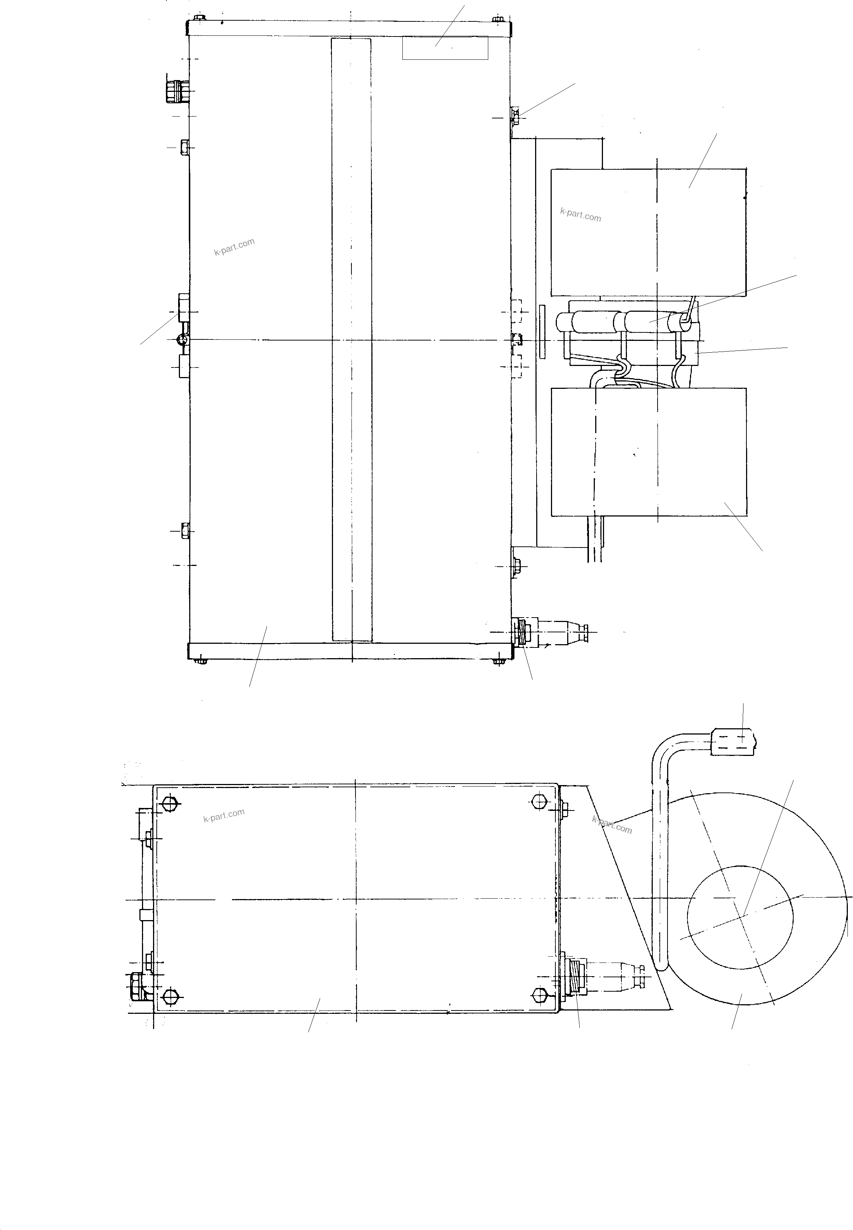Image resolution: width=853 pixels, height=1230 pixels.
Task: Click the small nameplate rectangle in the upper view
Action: tap(445, 48)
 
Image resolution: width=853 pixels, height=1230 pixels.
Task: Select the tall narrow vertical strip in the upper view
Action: tap(351, 339)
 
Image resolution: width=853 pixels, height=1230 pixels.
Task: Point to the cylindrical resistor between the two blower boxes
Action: tap(625, 322)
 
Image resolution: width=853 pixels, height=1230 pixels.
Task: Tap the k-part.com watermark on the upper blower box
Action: tap(580, 215)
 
